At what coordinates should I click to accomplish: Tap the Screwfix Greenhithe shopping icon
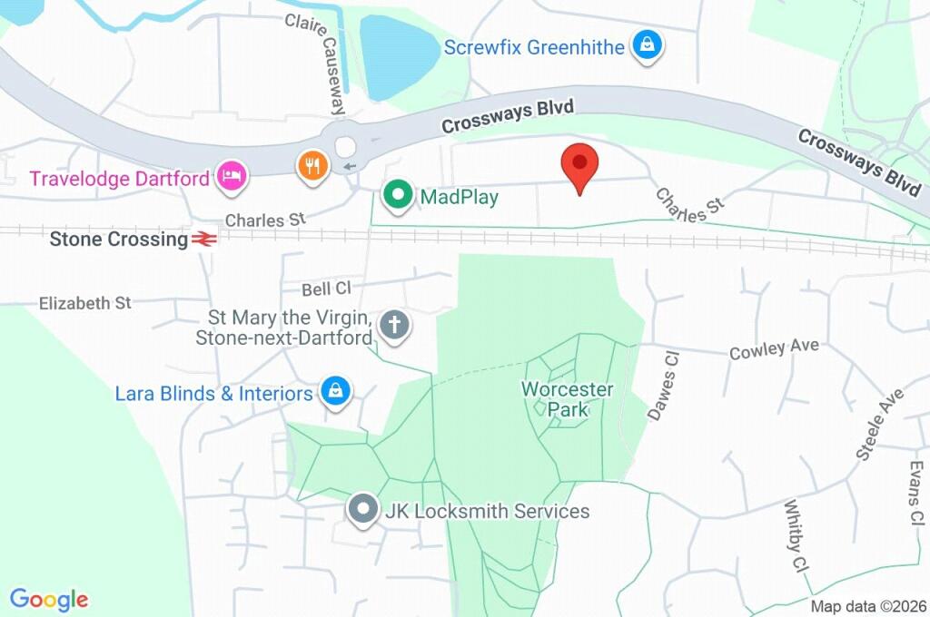[x=647, y=44]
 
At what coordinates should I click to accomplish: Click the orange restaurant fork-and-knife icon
[x=312, y=165]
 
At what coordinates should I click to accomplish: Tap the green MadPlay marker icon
[x=397, y=196]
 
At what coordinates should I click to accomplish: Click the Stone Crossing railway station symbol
[x=203, y=240]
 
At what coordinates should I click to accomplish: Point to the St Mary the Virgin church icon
[x=393, y=325]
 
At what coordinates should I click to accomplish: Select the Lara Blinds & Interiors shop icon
[x=335, y=392]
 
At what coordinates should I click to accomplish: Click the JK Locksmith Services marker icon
[x=364, y=511]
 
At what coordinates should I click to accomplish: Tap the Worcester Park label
[x=567, y=399]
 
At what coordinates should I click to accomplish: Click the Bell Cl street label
[x=326, y=289]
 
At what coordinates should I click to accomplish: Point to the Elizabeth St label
[x=85, y=303]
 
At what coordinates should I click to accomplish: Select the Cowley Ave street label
[x=774, y=349]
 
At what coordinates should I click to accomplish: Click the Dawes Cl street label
[x=663, y=387]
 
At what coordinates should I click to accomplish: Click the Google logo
[x=49, y=600]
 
